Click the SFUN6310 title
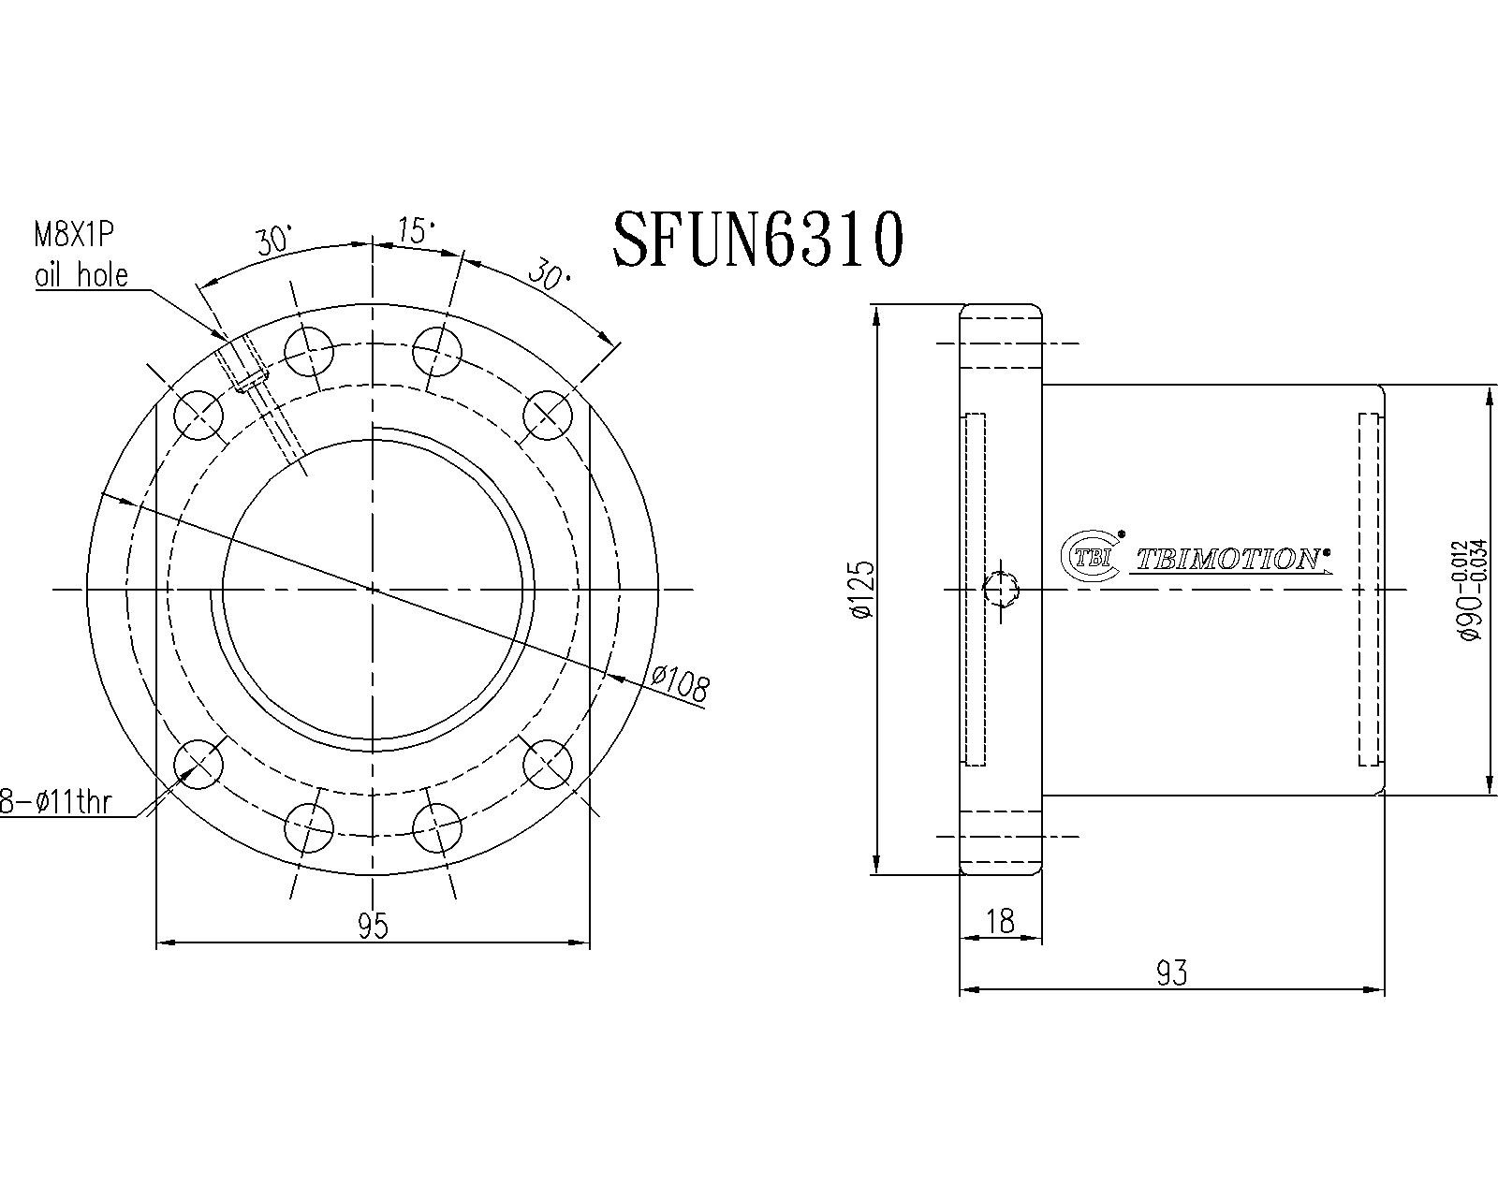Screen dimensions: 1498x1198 pos(758,239)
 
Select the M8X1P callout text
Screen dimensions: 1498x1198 pos(74,236)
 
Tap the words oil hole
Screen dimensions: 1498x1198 pos(81,275)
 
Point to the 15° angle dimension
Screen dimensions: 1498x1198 pos(416,230)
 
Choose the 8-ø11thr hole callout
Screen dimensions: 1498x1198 pos(54,802)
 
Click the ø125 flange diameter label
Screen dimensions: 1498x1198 pos(861,589)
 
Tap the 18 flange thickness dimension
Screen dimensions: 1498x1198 pos(1000,921)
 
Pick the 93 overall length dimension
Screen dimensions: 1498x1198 pos(1171,973)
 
